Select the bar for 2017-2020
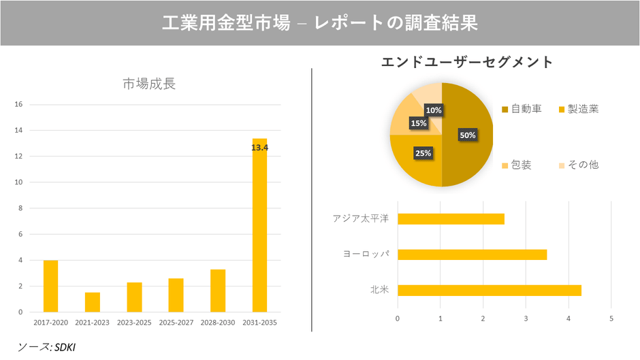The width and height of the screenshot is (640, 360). [x=50, y=286]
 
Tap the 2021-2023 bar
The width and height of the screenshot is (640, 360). [x=93, y=302]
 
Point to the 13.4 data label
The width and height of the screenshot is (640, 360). [x=259, y=147]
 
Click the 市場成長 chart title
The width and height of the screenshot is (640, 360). [x=149, y=84]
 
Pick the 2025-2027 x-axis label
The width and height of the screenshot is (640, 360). [x=176, y=322]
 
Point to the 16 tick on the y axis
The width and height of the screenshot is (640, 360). [x=19, y=105]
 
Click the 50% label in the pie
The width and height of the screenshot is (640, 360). [x=468, y=135]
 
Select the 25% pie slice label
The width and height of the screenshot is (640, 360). [x=423, y=153]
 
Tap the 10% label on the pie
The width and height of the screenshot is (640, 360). [x=434, y=110]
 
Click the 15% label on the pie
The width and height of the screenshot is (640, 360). [x=418, y=123]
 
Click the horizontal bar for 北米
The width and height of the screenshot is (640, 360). [x=489, y=291]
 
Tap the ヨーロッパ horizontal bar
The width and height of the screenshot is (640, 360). [x=472, y=255]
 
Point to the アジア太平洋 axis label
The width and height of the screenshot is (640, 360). [x=360, y=219]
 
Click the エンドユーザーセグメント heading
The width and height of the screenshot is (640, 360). [x=467, y=62]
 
